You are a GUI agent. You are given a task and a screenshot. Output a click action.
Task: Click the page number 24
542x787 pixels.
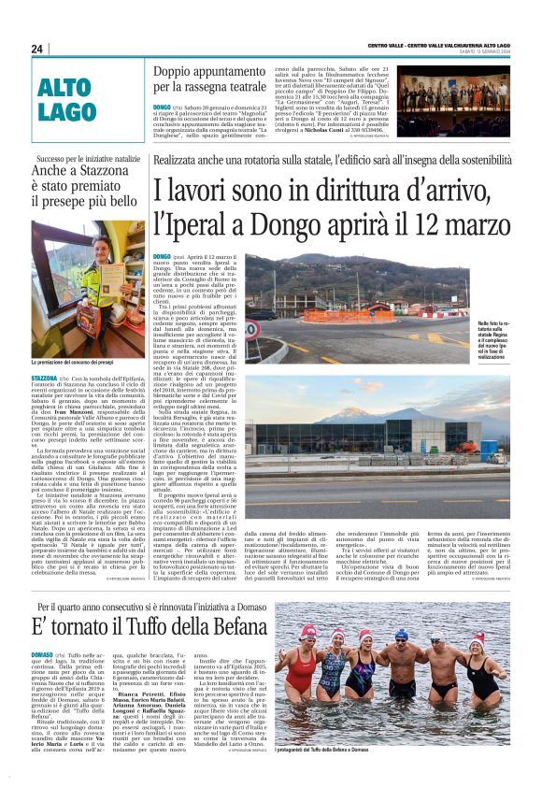(x=37, y=49)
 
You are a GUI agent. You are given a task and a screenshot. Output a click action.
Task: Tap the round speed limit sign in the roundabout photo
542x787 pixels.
(x=251, y=328)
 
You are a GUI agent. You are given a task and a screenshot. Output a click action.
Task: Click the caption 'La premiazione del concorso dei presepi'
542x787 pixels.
(x=76, y=361)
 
